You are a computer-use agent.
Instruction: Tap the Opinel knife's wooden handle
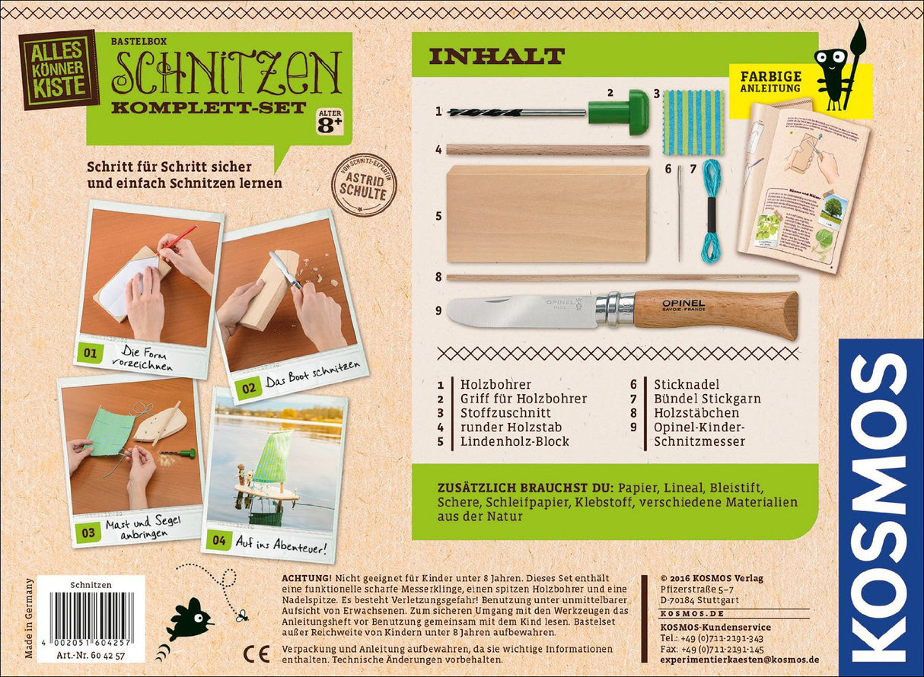point(715,310)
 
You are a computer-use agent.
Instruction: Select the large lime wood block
point(548,214)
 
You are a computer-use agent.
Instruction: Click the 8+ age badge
point(330,122)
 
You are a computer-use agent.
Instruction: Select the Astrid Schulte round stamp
point(364,184)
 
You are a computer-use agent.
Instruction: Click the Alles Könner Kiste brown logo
point(59,70)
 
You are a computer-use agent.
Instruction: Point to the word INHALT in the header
point(496,56)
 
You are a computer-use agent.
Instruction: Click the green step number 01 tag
point(89,353)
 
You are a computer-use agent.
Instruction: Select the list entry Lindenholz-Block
point(515,441)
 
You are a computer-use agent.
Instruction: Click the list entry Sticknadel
point(687,384)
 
